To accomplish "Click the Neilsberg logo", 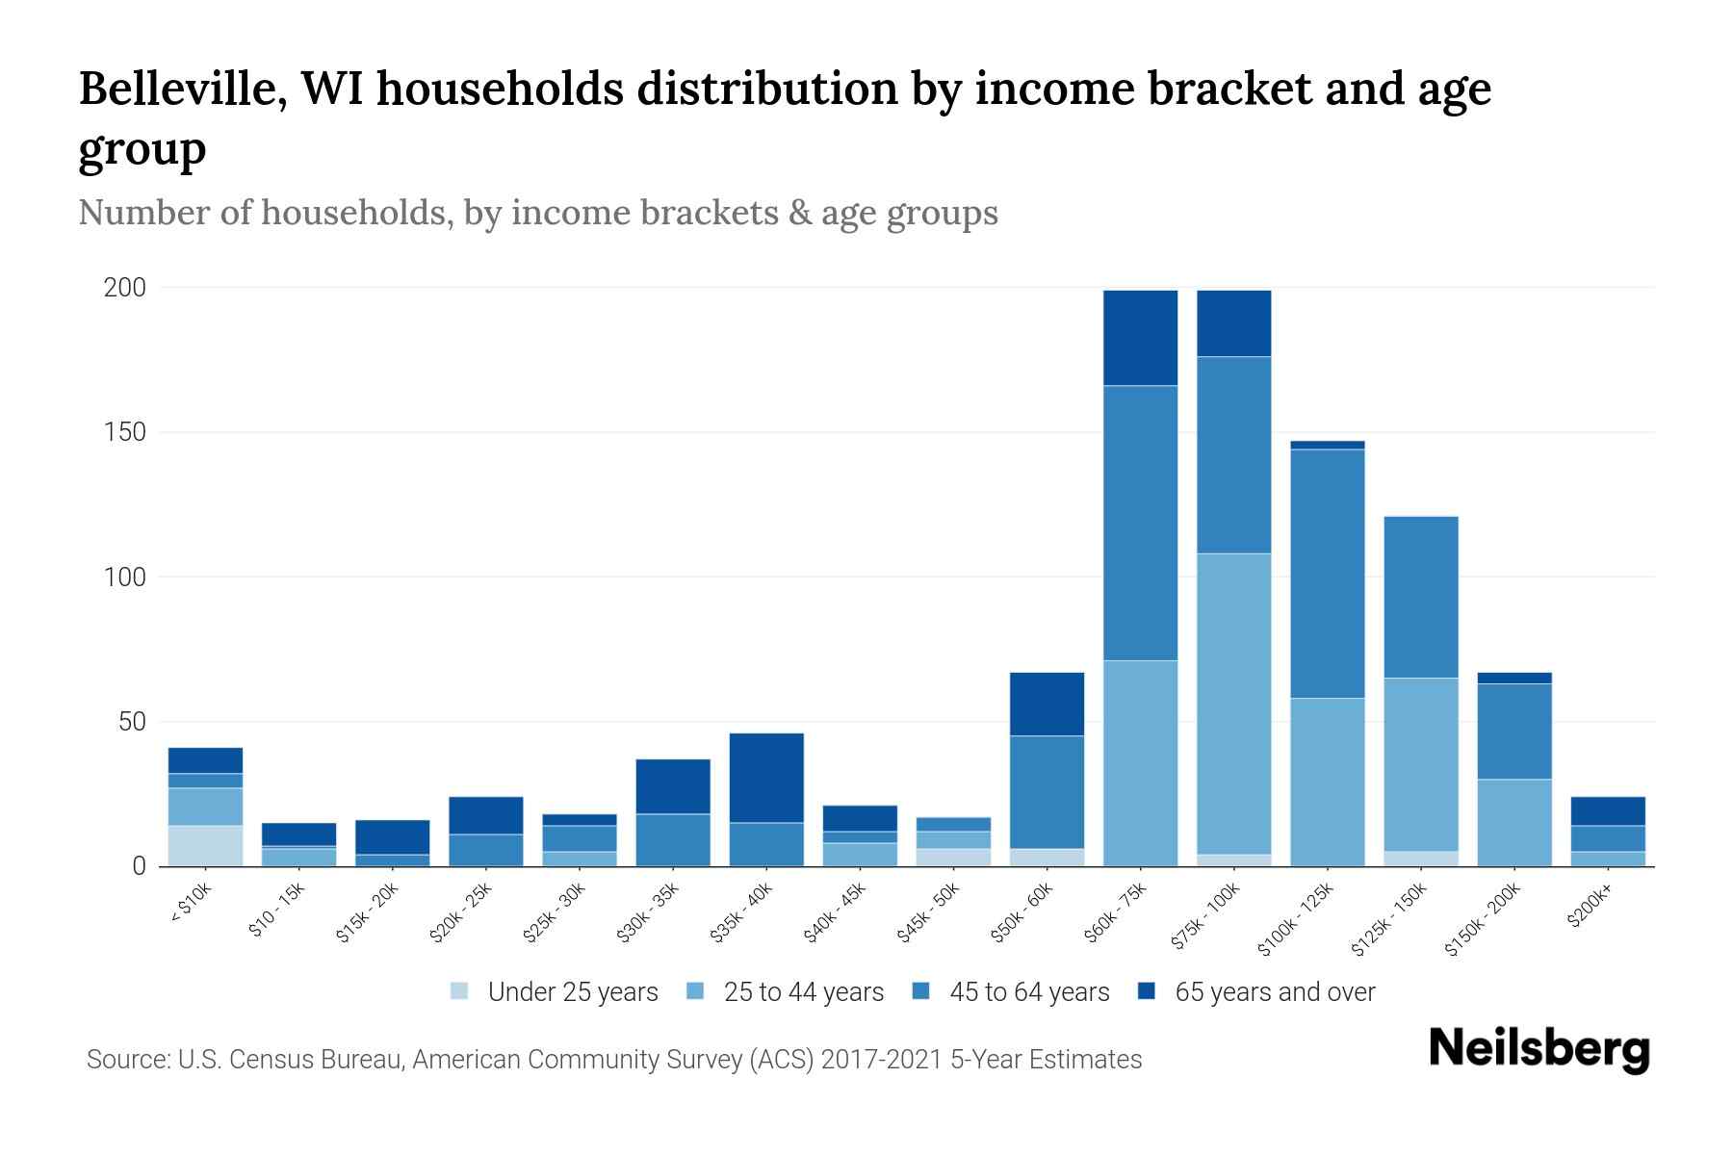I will pos(1539,1049).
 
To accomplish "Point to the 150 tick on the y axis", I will pos(125,432).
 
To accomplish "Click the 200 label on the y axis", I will pos(125,288).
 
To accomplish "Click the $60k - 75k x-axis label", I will pos(1116,912).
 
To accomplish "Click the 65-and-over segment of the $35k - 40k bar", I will pos(766,778).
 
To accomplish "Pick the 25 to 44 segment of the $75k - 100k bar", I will pos(1233,704).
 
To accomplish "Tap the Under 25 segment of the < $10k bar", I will pos(205,845).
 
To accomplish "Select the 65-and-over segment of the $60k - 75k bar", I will pos(1140,338).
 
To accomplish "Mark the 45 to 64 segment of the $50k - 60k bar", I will pos(1047,792).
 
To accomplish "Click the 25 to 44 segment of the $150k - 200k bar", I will pos(1514,822).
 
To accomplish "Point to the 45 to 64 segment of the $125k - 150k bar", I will pos(1420,597).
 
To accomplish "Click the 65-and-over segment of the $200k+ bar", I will pos(1608,810).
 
